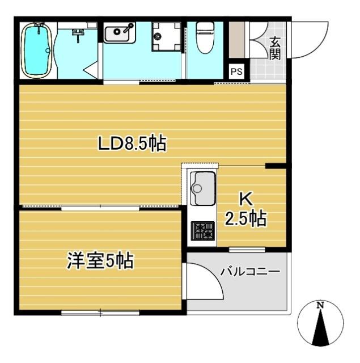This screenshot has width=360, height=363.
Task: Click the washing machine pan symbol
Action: (x=166, y=37)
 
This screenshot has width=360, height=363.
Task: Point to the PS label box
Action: (x=236, y=71)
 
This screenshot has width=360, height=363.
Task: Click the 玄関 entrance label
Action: (x=275, y=48)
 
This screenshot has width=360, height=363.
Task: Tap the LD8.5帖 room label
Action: (x=132, y=145)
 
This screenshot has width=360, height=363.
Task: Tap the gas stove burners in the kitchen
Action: (x=202, y=231)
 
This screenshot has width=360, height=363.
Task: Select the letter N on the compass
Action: (x=320, y=306)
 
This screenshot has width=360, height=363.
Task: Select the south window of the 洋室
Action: (x=100, y=311)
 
